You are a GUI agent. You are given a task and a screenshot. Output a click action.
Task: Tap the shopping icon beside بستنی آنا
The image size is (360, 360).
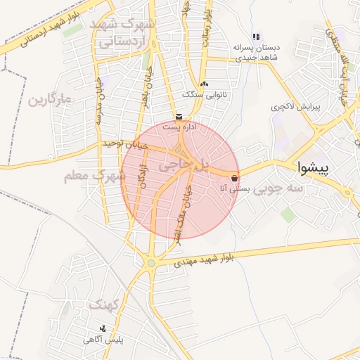pyautogui.click(x=234, y=178)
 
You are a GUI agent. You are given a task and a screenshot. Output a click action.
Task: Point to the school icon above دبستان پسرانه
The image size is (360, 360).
pyautogui.click(x=257, y=37)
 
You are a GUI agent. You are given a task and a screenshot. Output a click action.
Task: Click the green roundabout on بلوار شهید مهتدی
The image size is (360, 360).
pyautogui.click(x=151, y=264)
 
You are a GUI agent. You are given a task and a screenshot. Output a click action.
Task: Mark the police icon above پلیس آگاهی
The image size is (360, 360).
pyautogui.click(x=104, y=328)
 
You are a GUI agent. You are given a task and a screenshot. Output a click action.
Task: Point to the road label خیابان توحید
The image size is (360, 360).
pyautogui.click(x=126, y=143)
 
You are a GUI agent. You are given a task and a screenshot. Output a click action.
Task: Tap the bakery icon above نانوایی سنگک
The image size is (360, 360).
pyautogui.click(x=204, y=84)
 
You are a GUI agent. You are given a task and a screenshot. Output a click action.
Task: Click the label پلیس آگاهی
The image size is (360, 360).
pyautogui.click(x=104, y=340)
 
